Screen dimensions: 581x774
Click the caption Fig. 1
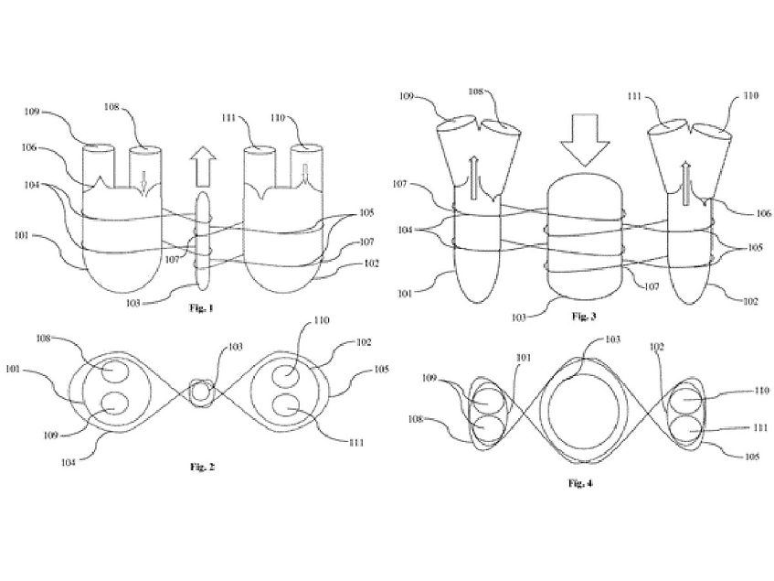(x=198, y=308)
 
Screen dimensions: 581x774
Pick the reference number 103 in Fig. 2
(x=236, y=349)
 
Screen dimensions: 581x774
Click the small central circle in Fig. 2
(x=201, y=393)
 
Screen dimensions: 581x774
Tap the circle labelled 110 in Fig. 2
(x=291, y=373)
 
